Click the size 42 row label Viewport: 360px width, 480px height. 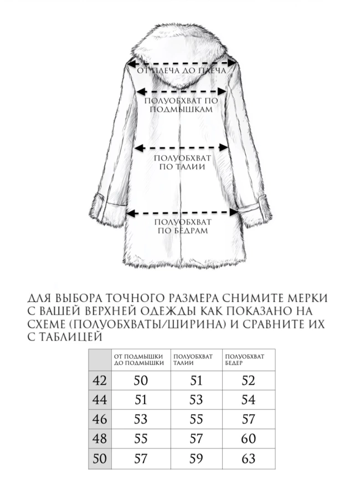(x=100, y=381)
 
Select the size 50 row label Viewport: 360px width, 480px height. (x=100, y=458)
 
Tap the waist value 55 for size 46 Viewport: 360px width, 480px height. (x=196, y=420)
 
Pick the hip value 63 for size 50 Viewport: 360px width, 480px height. (x=248, y=458)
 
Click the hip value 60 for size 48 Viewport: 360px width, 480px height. (x=248, y=439)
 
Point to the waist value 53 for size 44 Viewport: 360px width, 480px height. (x=196, y=400)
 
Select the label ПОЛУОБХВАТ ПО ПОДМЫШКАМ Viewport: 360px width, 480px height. (x=181, y=105)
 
